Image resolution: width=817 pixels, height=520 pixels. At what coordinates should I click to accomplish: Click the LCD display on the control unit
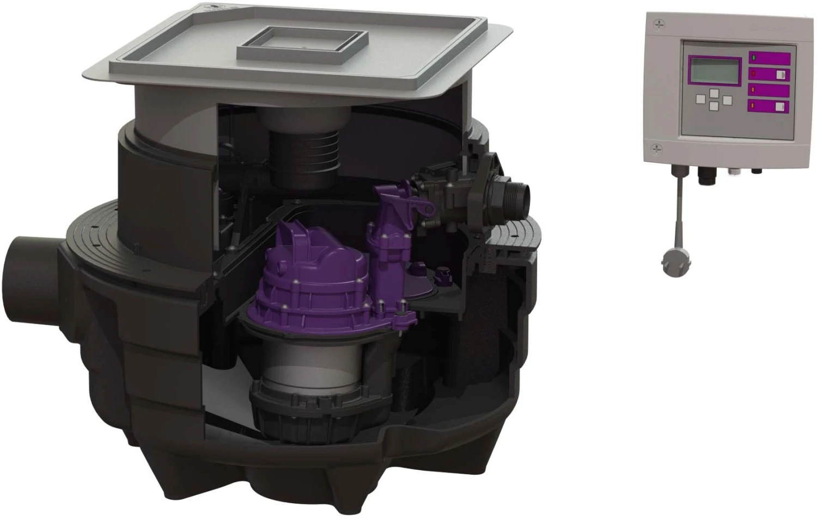point(714,70)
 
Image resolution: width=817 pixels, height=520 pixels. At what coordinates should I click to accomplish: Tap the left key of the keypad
point(702,99)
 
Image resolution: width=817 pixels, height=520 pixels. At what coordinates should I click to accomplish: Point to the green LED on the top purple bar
point(754,58)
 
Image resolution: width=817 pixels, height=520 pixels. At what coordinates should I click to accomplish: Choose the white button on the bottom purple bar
point(780,106)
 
